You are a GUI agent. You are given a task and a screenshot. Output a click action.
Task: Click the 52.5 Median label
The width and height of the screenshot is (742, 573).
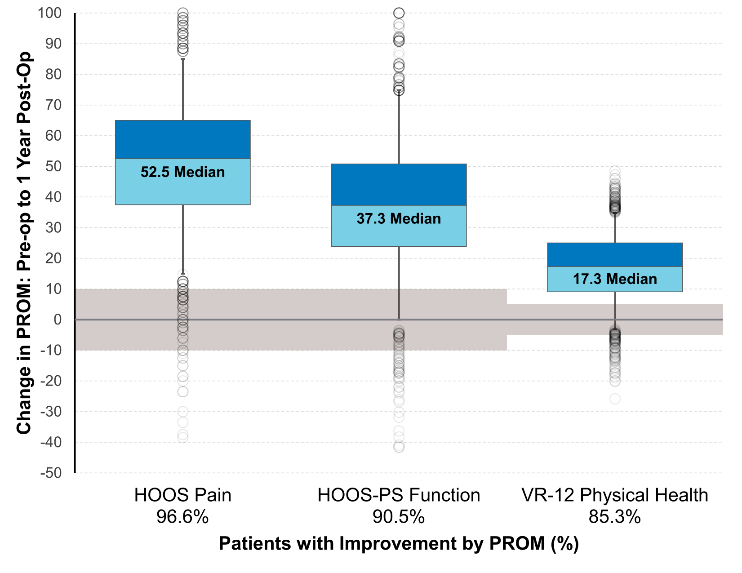[182, 172]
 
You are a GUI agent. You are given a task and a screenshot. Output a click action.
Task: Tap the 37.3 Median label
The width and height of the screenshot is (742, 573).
[399, 219]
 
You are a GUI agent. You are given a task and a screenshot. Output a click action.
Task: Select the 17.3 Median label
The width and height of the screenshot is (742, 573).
[614, 279]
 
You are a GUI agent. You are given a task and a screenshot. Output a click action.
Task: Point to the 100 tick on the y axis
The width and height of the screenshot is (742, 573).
[49, 13]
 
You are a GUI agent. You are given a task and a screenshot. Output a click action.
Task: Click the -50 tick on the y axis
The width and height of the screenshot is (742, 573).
[51, 473]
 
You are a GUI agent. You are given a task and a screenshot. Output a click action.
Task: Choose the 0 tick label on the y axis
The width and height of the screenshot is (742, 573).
[58, 320]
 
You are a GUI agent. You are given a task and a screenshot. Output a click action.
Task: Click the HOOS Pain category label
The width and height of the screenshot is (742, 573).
[182, 495]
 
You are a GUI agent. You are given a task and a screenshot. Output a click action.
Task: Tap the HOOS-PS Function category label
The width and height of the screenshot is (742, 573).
[399, 495]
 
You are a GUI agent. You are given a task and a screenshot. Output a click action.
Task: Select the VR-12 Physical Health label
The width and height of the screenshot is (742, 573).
[614, 495]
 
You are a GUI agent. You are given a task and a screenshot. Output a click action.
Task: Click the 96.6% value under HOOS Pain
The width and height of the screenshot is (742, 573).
[182, 517]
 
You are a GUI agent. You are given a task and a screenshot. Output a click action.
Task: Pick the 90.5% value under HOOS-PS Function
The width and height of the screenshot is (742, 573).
[399, 517]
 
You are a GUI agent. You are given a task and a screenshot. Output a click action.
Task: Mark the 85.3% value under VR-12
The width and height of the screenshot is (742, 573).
[614, 517]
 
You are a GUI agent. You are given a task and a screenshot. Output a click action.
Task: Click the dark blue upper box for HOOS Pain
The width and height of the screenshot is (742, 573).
[182, 139]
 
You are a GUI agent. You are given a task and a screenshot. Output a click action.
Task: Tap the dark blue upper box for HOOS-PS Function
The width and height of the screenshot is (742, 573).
[399, 184]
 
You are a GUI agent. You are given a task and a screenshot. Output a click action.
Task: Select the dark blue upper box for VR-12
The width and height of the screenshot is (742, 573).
[614, 255]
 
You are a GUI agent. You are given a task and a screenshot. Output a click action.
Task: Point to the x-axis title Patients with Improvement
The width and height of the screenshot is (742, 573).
[399, 544]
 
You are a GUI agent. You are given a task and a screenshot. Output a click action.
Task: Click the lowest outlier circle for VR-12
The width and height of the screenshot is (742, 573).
[615, 399]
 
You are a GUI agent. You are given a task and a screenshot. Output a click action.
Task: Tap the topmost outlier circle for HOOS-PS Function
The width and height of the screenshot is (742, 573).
[399, 13]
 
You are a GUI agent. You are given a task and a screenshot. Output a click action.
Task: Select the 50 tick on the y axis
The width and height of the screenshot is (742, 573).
[53, 166]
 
